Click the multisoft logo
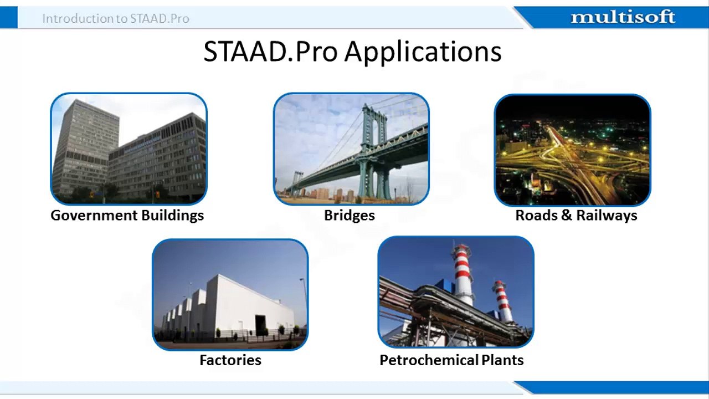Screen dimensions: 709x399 click(623, 17)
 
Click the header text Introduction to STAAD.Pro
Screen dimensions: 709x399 click(116, 19)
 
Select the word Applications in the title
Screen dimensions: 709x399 click(423, 52)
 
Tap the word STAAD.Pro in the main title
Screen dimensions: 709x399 click(271, 52)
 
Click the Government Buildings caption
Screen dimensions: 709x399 click(127, 216)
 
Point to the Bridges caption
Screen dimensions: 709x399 click(350, 216)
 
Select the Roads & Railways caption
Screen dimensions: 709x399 click(577, 216)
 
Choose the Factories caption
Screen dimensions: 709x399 click(230, 360)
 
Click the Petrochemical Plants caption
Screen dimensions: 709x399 click(451, 360)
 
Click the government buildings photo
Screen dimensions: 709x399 click(129, 149)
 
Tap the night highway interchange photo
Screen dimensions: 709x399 click(573, 150)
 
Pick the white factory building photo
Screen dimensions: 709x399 click(230, 294)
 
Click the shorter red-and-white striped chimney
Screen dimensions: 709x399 click(502, 301)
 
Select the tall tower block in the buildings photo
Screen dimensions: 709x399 click(85, 146)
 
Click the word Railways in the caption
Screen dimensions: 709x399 click(607, 216)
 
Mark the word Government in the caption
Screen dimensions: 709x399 click(94, 216)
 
